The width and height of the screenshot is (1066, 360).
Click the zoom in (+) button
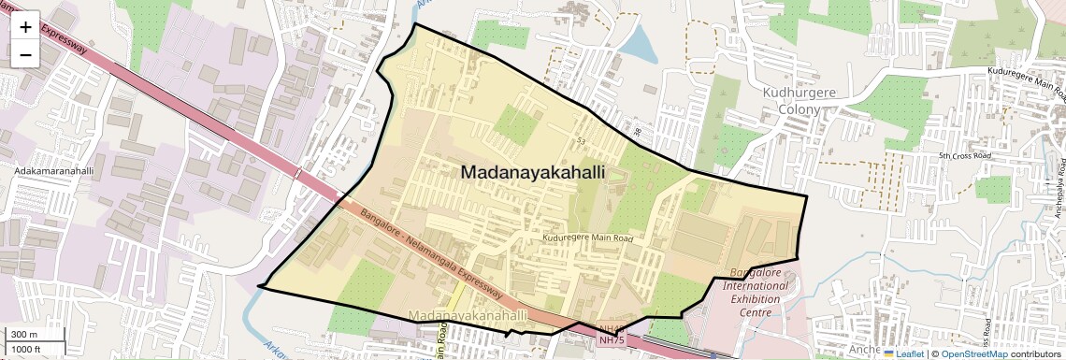point(25,27)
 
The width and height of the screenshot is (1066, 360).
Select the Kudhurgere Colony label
point(791,101)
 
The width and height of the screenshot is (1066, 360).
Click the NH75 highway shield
point(611,341)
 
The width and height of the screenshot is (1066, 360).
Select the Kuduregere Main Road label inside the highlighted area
point(588,238)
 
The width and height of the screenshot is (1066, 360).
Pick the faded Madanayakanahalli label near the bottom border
point(468,318)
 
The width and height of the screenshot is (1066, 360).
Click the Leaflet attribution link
point(904,354)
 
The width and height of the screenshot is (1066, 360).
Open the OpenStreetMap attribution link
point(973,354)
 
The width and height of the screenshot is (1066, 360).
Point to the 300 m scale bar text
point(24,334)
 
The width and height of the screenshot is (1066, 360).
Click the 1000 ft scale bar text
point(26,349)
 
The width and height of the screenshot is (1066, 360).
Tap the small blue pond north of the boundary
point(640,41)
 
